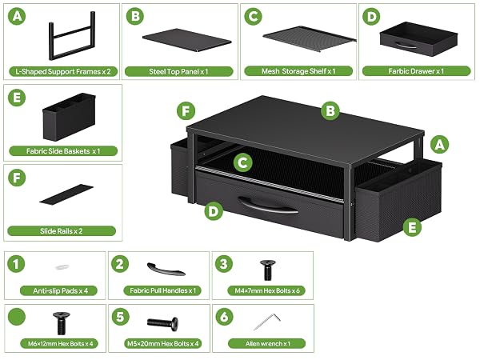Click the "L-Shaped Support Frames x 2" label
click(x=62, y=72)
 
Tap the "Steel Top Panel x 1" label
click(x=178, y=72)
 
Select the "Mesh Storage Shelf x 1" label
click(x=298, y=71)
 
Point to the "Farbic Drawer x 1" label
click(x=416, y=71)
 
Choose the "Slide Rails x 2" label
click(x=62, y=231)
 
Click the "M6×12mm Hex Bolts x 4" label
click(x=60, y=343)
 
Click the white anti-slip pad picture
click(x=62, y=267)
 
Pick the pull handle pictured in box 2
click(x=166, y=270)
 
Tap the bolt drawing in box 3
click(x=268, y=270)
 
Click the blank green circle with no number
click(x=17, y=317)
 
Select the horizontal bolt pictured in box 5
click(x=162, y=323)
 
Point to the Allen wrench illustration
click(x=267, y=322)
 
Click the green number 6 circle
click(x=224, y=317)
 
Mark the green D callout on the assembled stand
click(x=214, y=211)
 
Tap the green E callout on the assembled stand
click(x=412, y=227)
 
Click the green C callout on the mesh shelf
click(x=242, y=162)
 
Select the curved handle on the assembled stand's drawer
click(x=267, y=205)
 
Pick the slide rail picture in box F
click(x=66, y=194)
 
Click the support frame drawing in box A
click(x=72, y=36)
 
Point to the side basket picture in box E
click(x=69, y=117)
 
